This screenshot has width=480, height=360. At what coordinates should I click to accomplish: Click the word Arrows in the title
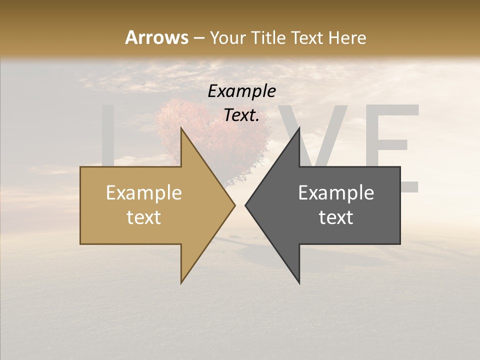tap(156, 37)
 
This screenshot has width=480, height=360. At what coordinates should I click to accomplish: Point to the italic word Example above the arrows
tap(241, 91)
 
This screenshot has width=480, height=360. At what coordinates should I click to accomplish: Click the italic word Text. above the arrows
tap(241, 115)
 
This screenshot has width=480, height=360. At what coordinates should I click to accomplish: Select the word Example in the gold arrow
tap(144, 192)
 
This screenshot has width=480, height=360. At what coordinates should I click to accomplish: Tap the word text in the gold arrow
tap(144, 217)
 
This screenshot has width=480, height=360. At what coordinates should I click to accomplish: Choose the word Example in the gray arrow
tap(336, 192)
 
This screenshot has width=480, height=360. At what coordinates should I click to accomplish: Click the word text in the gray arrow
tap(336, 217)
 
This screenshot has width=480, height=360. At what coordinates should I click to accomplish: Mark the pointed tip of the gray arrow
tap(246, 205)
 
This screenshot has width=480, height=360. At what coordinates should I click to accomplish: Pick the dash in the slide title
tap(198, 38)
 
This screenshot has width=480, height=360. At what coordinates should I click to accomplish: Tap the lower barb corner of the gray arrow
tap(299, 282)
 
